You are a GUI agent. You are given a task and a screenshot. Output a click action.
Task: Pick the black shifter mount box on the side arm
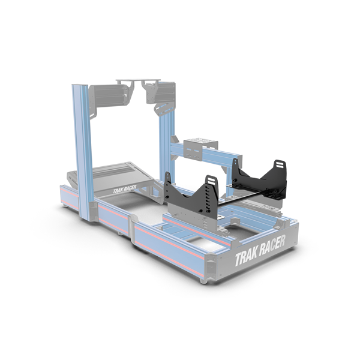coord(197,146)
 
